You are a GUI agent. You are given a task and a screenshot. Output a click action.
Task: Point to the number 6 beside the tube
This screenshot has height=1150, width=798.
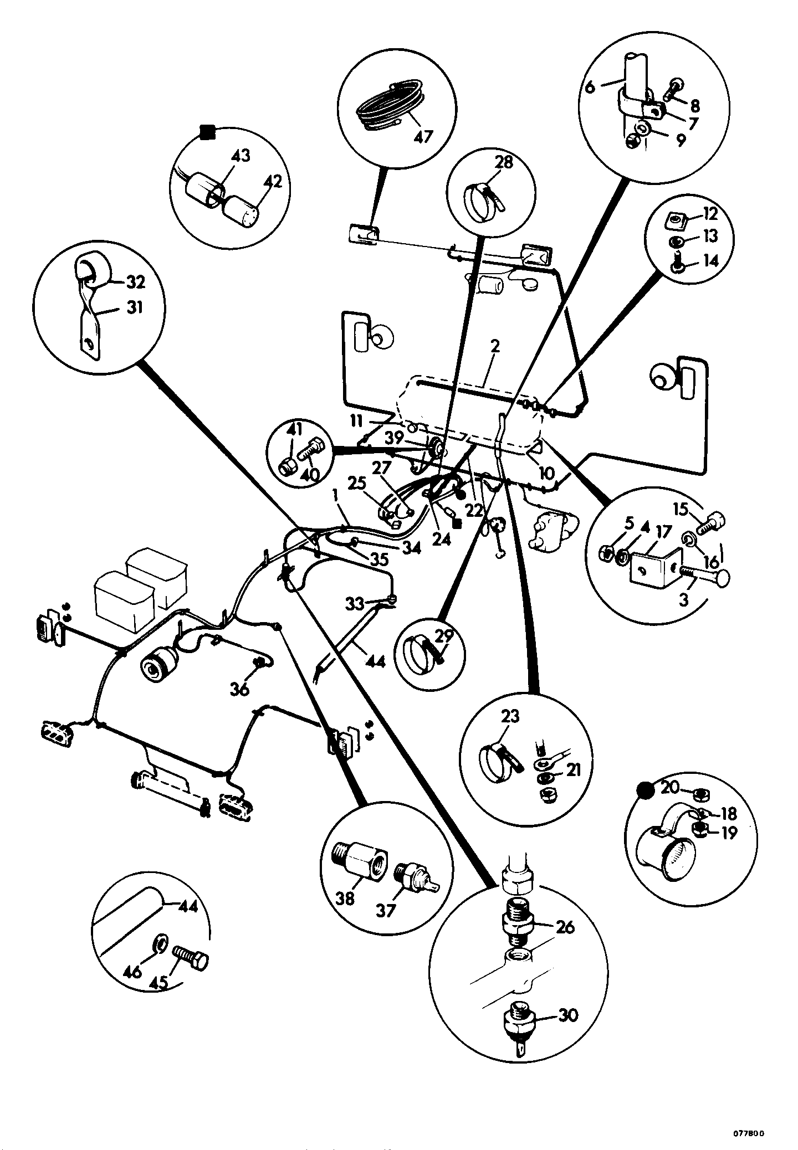coord(590,87)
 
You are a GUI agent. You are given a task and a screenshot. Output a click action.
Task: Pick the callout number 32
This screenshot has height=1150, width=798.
coord(135,282)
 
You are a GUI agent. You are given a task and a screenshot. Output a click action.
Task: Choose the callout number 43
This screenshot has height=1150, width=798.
coord(241,156)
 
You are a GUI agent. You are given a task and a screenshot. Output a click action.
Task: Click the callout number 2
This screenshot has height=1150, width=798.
coord(495,347)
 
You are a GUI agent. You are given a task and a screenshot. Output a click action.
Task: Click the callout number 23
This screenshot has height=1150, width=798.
coord(510,716)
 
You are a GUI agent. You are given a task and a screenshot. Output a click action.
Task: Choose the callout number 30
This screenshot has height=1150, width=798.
coord(566,1015)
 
